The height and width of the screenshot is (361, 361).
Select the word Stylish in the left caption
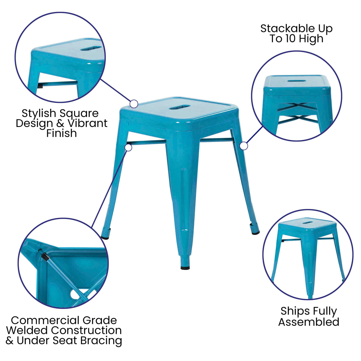[x=39, y=113]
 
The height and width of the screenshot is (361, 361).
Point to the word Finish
[x=61, y=133]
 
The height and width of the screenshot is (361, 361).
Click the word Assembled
[x=309, y=322]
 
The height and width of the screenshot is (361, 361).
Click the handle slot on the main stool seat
[x=180, y=107]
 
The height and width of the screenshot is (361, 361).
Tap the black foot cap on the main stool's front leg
[x=185, y=267]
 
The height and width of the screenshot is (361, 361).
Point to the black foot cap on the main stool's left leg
[x=105, y=237]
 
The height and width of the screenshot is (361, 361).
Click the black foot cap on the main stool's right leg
[x=255, y=233]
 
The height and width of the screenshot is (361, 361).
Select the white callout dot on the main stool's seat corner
[x=134, y=104]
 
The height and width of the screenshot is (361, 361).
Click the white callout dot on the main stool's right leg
[x=244, y=146]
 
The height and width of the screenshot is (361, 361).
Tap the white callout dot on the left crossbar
[x=128, y=148]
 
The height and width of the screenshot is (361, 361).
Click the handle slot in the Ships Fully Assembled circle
[x=307, y=223]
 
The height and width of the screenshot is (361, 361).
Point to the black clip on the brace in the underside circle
[x=45, y=257]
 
